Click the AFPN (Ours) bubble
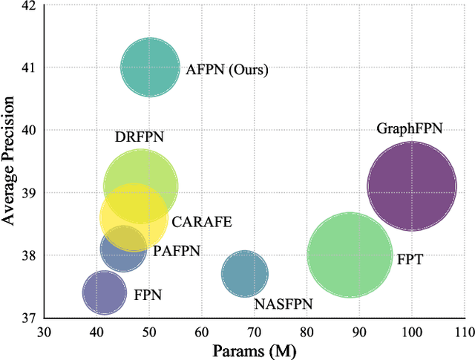point(150,68)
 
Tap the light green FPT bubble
point(350,255)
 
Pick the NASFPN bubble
point(244,275)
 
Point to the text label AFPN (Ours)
point(226,71)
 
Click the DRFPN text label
point(139,137)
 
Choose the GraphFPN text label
point(410,129)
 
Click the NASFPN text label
point(283,304)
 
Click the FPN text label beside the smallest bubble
point(147,295)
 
